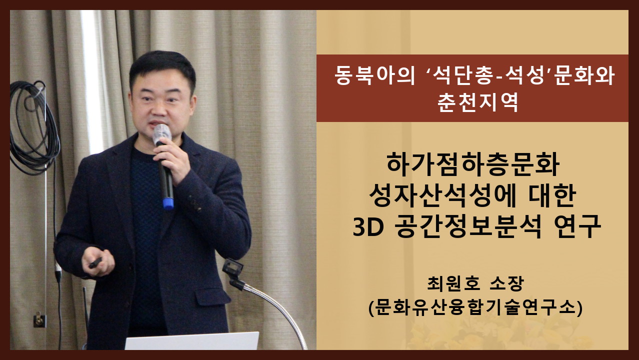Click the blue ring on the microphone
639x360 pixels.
point(168,203)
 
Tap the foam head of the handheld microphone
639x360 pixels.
point(161,134)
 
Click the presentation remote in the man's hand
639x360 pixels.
point(95,262)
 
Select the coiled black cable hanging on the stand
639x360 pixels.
point(34,128)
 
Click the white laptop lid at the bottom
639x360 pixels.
point(192,341)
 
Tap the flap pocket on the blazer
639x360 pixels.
point(212,296)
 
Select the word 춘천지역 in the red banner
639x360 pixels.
point(478,102)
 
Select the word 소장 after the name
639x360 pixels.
point(506,283)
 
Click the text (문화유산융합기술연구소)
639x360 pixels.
point(475,308)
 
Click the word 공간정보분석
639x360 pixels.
point(467,227)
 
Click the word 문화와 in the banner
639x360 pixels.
point(583,75)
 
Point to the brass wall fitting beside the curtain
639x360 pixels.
point(39,320)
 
